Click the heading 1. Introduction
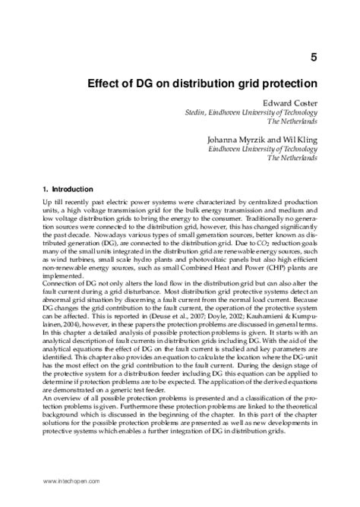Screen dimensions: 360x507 pos(68,188)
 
